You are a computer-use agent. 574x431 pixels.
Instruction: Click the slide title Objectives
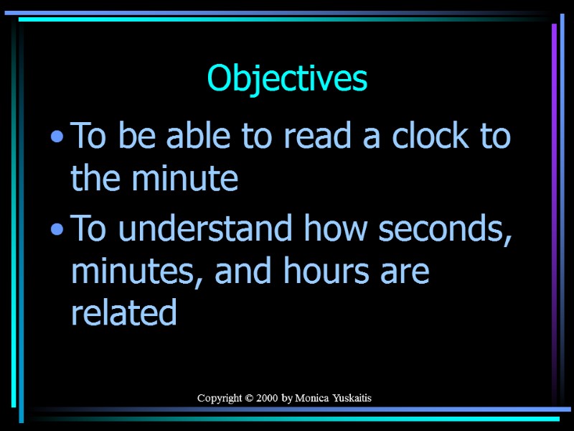click(x=287, y=79)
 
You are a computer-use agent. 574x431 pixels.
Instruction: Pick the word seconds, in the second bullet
click(x=446, y=230)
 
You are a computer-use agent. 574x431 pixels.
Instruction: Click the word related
click(x=123, y=313)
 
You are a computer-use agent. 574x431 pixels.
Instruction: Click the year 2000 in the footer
click(x=268, y=398)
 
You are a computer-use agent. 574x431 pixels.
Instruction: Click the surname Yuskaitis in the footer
click(x=352, y=398)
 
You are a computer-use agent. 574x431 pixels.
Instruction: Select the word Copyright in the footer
click(x=220, y=398)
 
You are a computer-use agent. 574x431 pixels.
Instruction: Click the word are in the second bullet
click(x=408, y=272)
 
